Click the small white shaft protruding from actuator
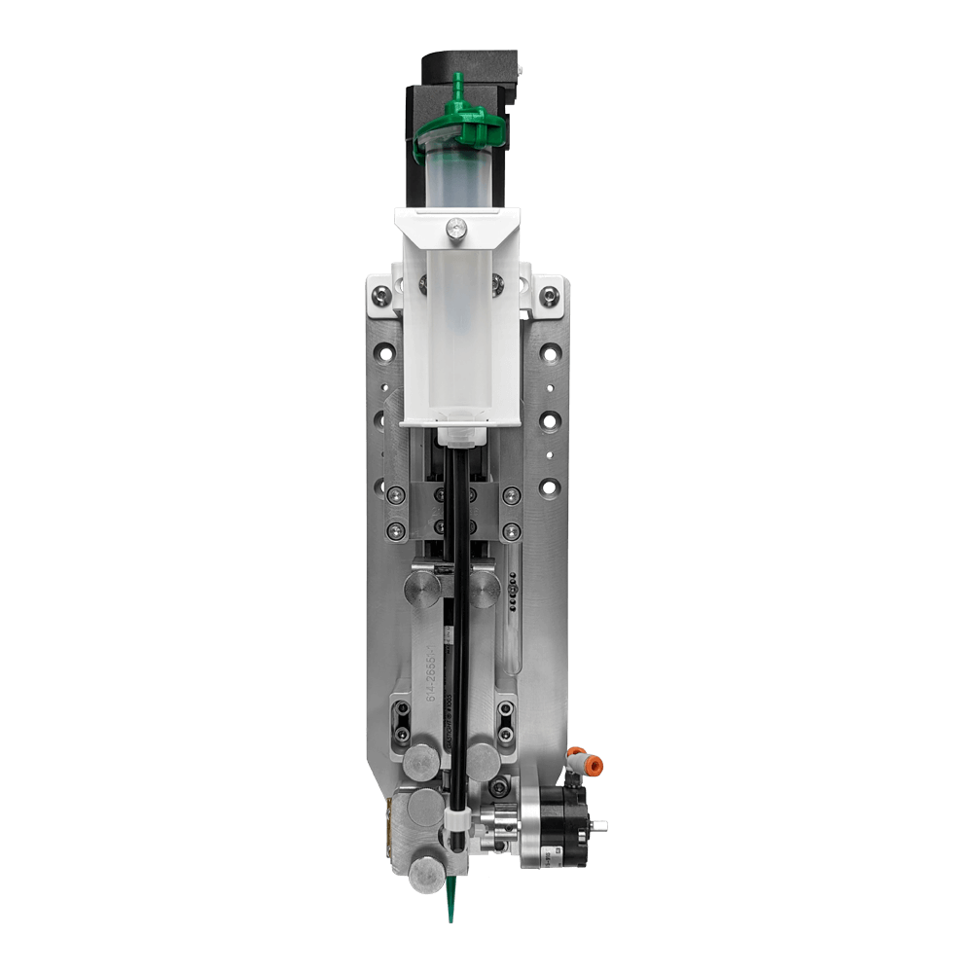(600, 826)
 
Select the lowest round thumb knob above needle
(425, 872)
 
